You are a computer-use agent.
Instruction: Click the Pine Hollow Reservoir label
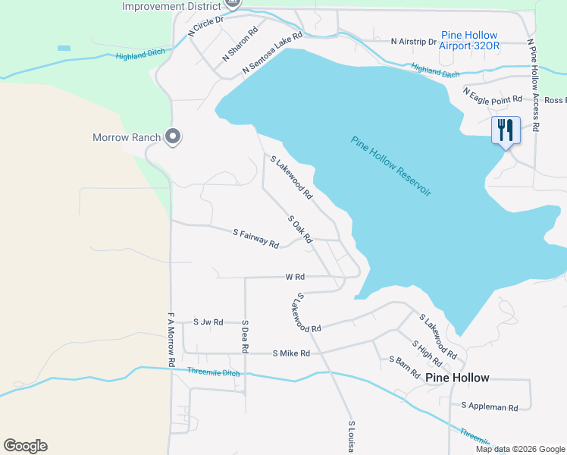(x=391, y=166)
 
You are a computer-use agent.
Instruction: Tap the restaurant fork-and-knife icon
(x=506, y=130)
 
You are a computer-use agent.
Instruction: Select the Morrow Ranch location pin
(x=174, y=136)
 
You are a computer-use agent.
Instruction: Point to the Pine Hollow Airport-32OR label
(x=470, y=40)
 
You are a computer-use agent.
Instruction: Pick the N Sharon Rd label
(x=240, y=45)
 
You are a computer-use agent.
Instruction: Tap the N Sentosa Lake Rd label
(x=272, y=52)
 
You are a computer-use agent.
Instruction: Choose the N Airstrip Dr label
(x=413, y=42)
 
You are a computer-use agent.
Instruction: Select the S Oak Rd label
(x=300, y=228)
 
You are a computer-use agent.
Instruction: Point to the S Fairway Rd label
(x=255, y=238)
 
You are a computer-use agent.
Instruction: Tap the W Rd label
(x=295, y=278)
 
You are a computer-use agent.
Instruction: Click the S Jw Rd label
(x=208, y=322)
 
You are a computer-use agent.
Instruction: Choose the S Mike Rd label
(x=291, y=353)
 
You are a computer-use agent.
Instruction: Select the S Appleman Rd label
(x=489, y=407)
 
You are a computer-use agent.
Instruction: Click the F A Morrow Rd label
(x=171, y=336)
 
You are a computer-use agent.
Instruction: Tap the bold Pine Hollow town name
(x=457, y=378)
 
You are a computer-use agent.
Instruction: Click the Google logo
(x=25, y=446)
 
